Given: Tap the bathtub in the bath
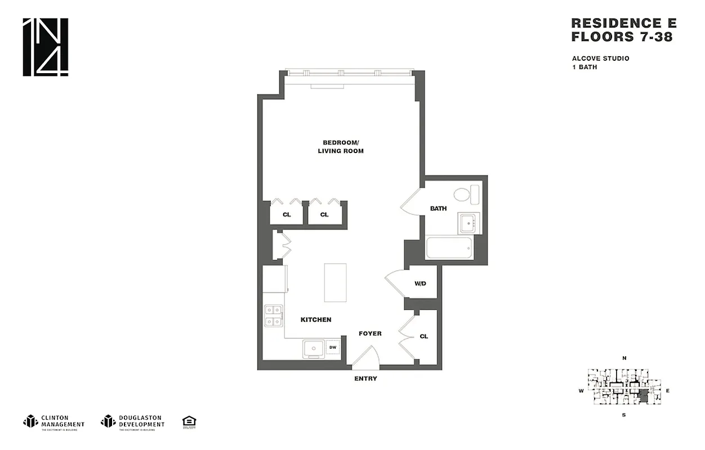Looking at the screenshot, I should [449, 247].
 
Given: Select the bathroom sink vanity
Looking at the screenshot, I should [468, 223].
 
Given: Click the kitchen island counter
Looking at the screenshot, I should [336, 282].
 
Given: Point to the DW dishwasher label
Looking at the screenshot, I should [333, 348].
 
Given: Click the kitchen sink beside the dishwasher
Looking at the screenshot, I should [313, 349].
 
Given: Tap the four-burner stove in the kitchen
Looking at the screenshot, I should [273, 316].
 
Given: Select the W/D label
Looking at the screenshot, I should [421, 284].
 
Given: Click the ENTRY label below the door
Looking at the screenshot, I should [365, 379].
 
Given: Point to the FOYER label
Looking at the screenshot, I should [370, 334].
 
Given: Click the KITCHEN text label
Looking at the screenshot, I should [316, 319].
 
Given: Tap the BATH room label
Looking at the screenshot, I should [438, 209].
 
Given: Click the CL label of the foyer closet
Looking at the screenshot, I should [423, 336].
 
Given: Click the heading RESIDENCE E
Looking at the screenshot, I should [623, 23].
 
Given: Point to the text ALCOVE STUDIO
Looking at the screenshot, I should [600, 58].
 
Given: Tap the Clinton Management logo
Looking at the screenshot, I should [54, 421].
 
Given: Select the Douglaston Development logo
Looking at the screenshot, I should [133, 421].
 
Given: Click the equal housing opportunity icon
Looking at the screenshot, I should [189, 421].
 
